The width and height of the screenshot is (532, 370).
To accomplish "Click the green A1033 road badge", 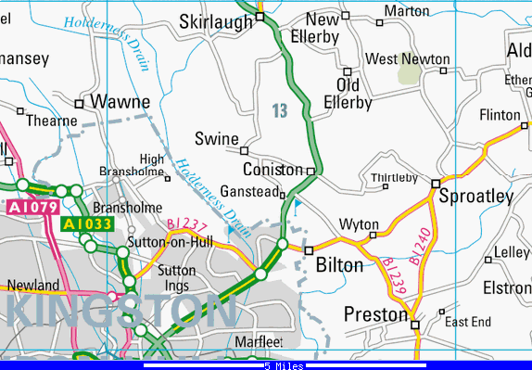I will coord(87,223).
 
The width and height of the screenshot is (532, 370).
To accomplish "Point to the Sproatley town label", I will coord(475,197).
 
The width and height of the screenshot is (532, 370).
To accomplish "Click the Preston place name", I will coord(375,314).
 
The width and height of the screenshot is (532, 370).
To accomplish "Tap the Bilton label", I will coord(339,265).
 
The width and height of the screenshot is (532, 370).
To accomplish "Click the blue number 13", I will coord(281,111).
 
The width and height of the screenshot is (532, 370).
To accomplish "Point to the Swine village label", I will coord(216,139).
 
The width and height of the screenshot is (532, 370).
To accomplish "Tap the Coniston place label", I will coord(272,170).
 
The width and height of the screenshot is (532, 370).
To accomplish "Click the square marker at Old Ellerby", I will coord(348,71).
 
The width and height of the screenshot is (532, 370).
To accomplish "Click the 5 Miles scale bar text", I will coord(284,365).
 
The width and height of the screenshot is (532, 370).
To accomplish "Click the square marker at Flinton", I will coord(526,125).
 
